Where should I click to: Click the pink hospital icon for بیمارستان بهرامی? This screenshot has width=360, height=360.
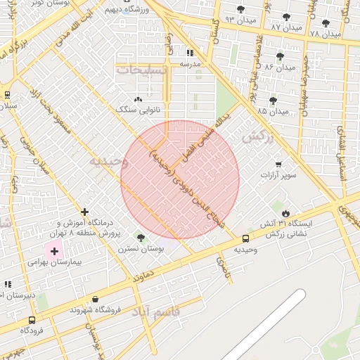[x=54, y=250]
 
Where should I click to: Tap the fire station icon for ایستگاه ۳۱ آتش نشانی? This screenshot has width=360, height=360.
[x=285, y=212]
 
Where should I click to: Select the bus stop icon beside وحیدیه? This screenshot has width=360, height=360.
[x=245, y=238]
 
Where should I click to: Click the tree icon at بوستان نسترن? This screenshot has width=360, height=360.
[x=141, y=238]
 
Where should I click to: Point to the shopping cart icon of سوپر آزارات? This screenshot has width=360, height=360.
[x=278, y=164]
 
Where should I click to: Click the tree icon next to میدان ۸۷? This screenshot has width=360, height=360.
[x=285, y=17]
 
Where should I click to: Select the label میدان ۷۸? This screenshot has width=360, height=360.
[x=325, y=33]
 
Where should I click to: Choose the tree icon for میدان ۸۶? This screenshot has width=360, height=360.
[x=280, y=56]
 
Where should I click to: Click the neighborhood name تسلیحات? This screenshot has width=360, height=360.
[x=142, y=71]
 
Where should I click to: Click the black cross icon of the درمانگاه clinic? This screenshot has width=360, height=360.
[x=85, y=212]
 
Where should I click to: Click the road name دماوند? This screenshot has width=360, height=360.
[x=143, y=272]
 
